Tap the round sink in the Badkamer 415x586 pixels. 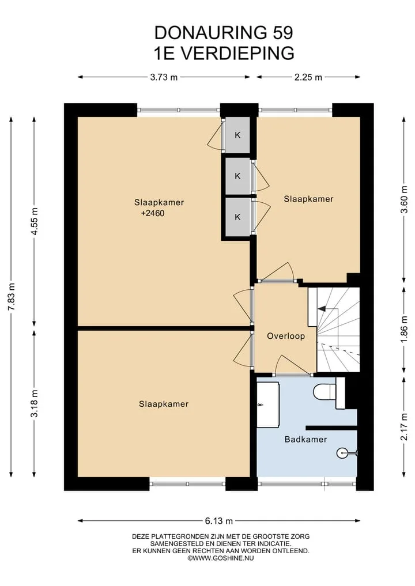point(342,453)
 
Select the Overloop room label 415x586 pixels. point(286,336)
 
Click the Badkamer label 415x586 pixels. point(306,439)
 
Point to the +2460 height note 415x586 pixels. point(153,213)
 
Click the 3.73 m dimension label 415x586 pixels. point(164,77)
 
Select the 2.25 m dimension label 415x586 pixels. point(308,77)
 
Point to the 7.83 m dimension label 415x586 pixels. point(12,297)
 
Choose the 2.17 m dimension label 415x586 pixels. point(404,427)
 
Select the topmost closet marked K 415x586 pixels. point(237,135)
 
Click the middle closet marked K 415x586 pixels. point(237,176)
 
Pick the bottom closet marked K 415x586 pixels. point(237,217)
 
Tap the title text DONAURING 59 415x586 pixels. point(224,33)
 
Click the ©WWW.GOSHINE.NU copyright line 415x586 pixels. point(221,558)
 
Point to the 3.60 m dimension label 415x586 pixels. point(404,199)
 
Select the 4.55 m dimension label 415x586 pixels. point(35,221)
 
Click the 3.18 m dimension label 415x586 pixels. point(35,403)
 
